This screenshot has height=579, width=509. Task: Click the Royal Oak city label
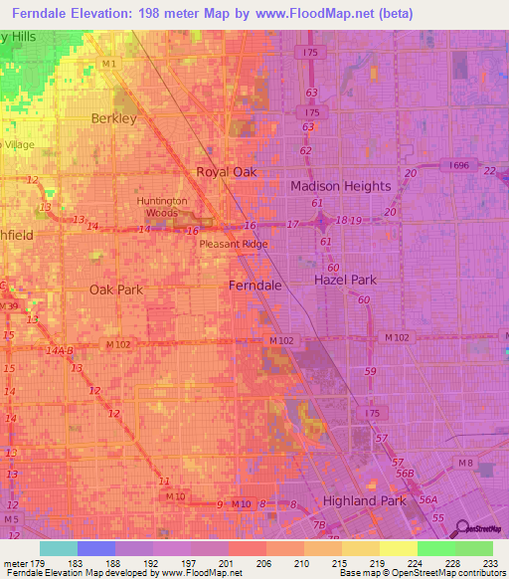(226, 171)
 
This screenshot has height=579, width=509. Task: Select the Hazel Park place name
(345, 280)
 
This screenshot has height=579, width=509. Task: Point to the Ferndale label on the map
(255, 285)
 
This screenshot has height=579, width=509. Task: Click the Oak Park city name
(116, 289)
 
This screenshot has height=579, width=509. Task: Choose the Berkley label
(113, 117)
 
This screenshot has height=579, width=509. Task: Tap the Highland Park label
(364, 500)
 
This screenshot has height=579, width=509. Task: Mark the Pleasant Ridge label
(234, 243)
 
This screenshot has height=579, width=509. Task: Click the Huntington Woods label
(161, 206)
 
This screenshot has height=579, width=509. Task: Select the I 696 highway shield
(458, 164)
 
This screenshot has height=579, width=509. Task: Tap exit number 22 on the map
(488, 171)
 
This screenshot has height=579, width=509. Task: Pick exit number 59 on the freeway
(370, 371)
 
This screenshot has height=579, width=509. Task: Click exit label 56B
(405, 475)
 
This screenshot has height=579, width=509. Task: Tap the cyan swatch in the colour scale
(59, 548)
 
